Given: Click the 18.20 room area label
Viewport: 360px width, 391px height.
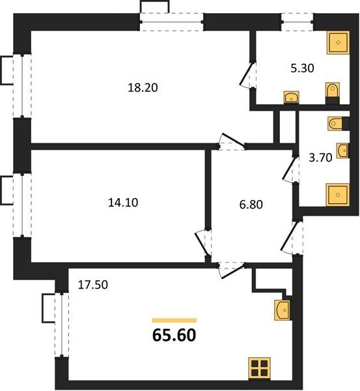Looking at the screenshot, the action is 143,88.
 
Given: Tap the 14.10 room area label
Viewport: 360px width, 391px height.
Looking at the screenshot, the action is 123,203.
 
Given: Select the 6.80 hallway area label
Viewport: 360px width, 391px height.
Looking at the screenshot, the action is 251,205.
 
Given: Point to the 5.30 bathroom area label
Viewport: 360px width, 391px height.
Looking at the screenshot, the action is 303,68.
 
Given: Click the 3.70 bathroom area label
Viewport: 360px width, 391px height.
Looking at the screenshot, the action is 321,158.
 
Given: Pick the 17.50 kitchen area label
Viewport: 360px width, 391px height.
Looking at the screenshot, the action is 93,285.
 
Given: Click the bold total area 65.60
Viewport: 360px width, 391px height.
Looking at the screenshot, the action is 174,335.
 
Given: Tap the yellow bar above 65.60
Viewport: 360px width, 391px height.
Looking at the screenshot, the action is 174,321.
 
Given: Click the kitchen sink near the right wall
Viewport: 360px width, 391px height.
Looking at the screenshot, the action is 283,310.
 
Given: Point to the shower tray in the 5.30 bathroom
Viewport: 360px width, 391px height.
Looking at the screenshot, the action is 338,42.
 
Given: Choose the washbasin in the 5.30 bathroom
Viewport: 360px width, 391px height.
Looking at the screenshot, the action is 292,97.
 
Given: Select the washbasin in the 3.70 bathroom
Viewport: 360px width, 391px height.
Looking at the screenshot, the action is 343,151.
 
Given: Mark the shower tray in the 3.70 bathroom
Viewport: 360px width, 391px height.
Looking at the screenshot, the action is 338,195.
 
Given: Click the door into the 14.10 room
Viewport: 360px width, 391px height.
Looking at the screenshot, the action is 202,243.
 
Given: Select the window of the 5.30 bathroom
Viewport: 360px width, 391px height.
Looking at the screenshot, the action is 298,22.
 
